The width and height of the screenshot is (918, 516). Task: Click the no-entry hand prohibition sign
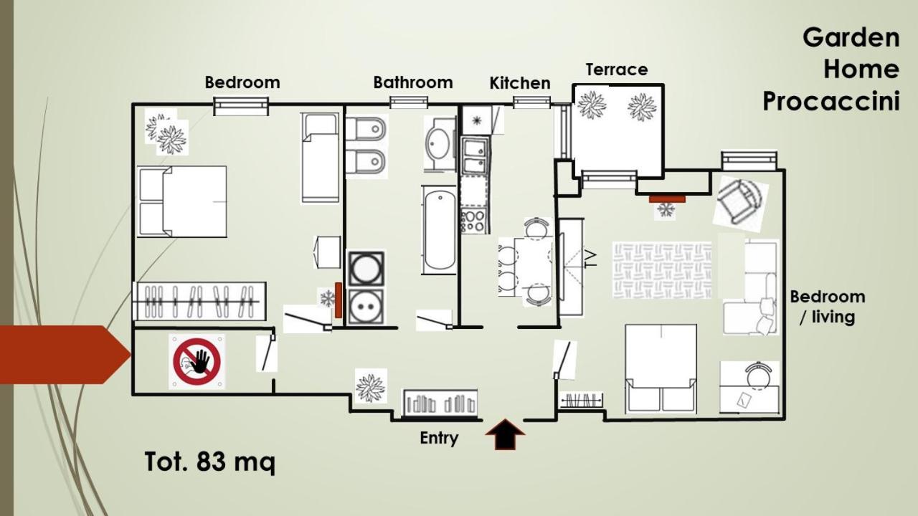[197, 362]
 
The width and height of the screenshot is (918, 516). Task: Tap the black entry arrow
[505, 434]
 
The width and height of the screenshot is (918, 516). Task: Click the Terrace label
[617, 70]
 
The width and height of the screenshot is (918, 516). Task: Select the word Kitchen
[520, 83]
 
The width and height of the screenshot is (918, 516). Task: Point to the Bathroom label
[412, 82]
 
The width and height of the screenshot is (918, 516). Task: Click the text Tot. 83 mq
[210, 462]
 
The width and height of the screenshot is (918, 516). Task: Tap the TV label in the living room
[590, 259]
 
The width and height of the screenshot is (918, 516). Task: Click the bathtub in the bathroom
[440, 231]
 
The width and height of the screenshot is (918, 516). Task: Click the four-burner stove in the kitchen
[474, 221]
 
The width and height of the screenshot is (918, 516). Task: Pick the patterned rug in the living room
[662, 270]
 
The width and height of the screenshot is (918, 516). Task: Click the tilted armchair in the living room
[740, 203]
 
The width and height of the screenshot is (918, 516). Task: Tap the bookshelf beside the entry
[440, 403]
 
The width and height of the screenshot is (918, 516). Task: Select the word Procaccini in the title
[831, 101]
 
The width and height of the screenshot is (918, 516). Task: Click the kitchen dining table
[533, 265]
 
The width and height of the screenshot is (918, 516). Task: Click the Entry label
[439, 439]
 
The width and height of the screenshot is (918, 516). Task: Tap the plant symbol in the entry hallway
[370, 386]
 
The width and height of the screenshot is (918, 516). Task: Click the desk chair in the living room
[759, 376]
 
